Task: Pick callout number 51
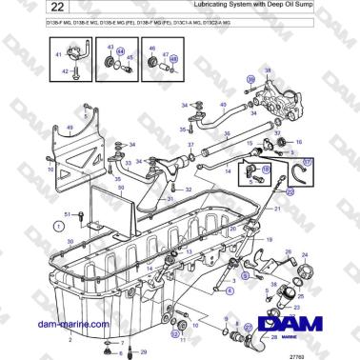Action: coord(68,214)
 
